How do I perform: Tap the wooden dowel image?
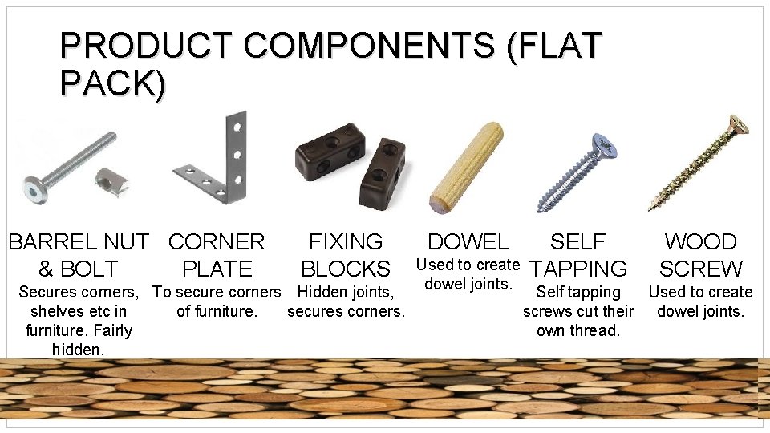coord(466,166)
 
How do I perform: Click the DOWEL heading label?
coord(468,242)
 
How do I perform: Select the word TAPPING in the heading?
coord(578,269)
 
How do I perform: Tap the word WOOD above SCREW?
coord(700,242)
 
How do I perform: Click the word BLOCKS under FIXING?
coord(345,269)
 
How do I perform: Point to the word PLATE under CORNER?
coord(217,269)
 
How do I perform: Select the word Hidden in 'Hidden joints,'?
coord(322,293)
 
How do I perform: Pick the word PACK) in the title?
coord(112,83)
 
